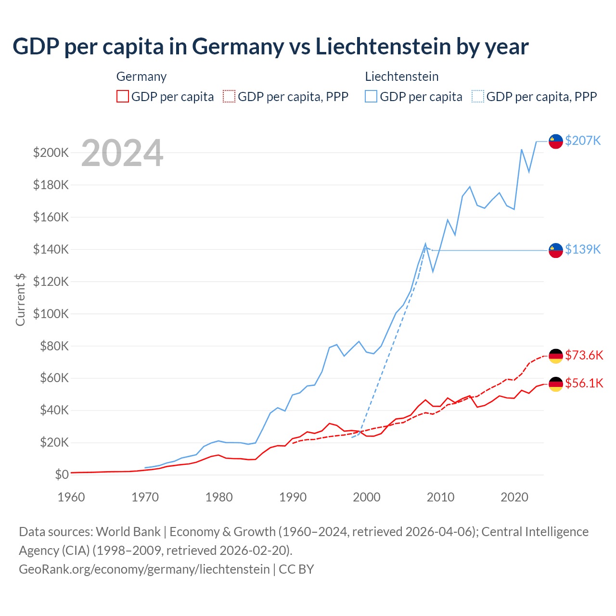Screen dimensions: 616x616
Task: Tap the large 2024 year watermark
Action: [x=122, y=153]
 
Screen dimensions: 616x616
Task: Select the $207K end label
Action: [x=583, y=141]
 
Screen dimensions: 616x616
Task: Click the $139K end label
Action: [x=583, y=249]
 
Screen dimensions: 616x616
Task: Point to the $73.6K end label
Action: [x=584, y=355]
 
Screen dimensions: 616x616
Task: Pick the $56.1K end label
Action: [x=584, y=383]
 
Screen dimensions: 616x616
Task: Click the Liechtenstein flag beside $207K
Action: [x=556, y=141]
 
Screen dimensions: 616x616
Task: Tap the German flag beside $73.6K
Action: [x=556, y=356]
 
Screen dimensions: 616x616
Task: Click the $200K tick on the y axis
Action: [x=51, y=153]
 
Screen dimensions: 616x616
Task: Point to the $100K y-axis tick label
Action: [x=51, y=314]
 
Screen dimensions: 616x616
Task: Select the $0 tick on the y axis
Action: [x=62, y=475]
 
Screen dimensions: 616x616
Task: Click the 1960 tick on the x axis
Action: [x=71, y=497]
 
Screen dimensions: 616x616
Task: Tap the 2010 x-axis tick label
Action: [x=440, y=497]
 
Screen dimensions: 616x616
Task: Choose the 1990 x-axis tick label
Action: [x=293, y=497]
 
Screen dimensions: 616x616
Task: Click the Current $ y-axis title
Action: [x=20, y=299]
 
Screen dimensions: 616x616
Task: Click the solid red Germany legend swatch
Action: [x=123, y=97]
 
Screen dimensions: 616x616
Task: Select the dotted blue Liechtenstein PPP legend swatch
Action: [x=478, y=97]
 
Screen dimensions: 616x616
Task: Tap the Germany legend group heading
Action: [x=141, y=77]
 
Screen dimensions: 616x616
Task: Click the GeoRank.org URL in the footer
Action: [x=144, y=569]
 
